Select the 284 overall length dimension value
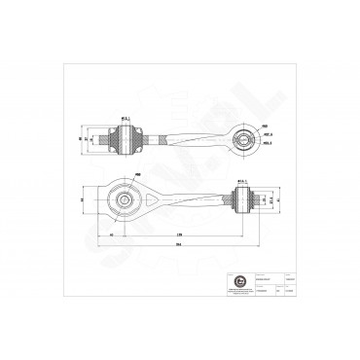177,245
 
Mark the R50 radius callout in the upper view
265,126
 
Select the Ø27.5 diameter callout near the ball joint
268,135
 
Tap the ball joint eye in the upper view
242,139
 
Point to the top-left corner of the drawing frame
60,61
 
